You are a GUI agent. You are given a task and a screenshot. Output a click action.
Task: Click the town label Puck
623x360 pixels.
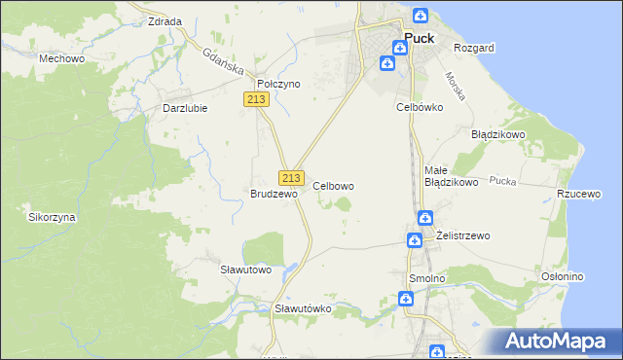419,40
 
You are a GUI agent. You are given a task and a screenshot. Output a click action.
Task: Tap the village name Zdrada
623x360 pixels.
164,20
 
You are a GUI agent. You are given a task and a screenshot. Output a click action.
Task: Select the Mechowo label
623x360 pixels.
58,58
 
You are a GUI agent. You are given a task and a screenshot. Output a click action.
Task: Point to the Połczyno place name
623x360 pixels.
278,85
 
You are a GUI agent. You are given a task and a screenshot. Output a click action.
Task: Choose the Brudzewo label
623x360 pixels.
274,194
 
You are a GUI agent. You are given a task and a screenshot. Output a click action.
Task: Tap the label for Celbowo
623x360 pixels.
333,185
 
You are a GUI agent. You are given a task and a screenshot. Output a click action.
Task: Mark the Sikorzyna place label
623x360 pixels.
53,217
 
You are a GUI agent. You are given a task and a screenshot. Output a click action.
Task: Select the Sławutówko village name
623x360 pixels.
304,308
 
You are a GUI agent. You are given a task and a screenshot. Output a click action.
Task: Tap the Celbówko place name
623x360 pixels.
420,106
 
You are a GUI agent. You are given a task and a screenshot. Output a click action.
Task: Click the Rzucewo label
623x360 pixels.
577,194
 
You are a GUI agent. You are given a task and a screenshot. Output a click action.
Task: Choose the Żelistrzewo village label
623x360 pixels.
463,235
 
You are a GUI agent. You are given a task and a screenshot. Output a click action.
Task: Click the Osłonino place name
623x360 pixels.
562,276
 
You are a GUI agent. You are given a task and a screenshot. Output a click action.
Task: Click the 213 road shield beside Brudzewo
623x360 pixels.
290,178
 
